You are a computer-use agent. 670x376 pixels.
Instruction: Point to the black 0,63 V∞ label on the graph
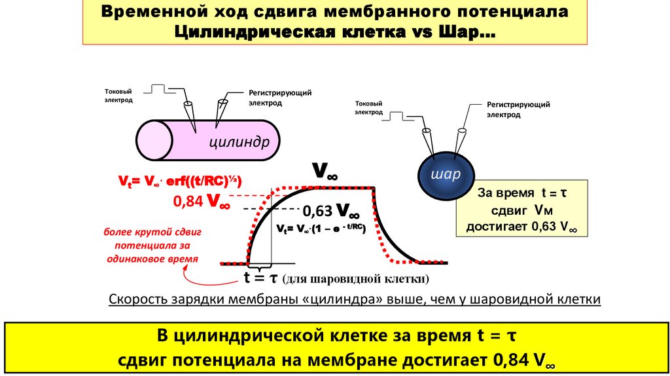330,211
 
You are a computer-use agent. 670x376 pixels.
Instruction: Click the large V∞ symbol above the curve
324,172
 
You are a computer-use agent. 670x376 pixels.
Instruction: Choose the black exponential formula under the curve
320,229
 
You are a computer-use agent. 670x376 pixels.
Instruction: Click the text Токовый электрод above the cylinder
118,96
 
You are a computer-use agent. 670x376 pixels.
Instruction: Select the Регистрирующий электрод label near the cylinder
280,98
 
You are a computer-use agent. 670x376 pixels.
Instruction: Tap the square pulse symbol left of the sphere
401,116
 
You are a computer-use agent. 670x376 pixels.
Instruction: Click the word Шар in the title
470,31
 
